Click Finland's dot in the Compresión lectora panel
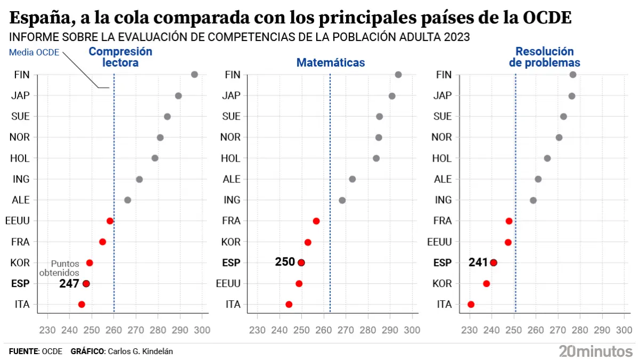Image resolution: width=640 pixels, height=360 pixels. tap(195, 75)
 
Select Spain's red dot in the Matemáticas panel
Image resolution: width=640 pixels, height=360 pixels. tap(301, 262)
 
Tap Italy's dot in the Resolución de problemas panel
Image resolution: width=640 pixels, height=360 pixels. tap(471, 305)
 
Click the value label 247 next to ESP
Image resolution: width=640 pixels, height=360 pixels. tap(69, 284)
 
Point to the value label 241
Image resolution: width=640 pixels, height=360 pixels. tap(478, 262)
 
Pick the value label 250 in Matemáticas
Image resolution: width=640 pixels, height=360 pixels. tap(285, 262)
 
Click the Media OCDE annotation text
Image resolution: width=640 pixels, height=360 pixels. tap(34, 53)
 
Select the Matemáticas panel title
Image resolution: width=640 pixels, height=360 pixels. tap(331, 63)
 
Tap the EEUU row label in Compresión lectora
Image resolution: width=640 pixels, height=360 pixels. tap(17, 221)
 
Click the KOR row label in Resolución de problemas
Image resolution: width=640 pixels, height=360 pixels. tap(442, 284)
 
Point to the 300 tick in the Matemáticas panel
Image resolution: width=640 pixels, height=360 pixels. tap(412, 330)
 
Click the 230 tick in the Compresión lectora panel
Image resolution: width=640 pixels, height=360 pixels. tap(47, 330)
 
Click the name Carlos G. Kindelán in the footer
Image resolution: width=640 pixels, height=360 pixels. tap(140, 351)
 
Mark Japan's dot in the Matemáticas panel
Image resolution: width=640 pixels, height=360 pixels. tap(392, 96)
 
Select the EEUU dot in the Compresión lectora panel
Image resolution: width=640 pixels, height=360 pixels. tap(110, 221)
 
